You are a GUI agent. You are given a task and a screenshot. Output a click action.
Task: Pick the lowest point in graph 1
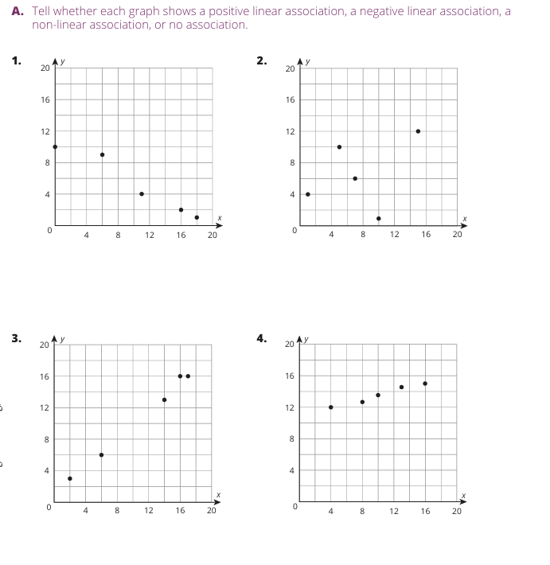[197, 217]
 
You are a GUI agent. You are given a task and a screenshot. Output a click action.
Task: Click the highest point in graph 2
[418, 131]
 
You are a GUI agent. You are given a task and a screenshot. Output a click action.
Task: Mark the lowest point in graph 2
[378, 218]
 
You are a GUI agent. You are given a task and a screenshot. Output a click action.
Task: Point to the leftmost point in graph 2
[308, 194]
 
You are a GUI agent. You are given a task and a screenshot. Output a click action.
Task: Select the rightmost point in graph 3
[188, 376]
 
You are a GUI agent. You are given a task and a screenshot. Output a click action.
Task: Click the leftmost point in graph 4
[330, 407]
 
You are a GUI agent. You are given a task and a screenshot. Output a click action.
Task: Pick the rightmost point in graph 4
[425, 384]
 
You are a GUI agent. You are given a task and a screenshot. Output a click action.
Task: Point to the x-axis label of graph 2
[465, 219]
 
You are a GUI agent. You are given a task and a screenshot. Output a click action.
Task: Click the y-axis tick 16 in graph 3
[45, 376]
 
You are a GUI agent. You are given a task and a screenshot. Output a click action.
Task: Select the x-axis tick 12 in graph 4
[394, 511]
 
